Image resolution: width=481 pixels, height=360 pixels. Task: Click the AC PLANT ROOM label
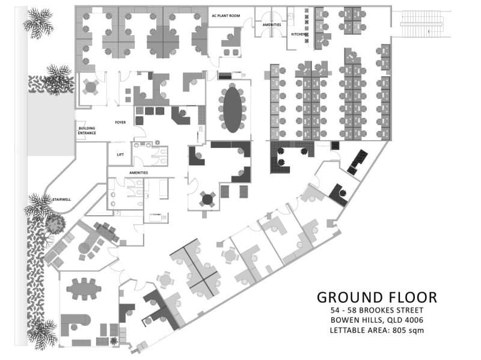point(226,16)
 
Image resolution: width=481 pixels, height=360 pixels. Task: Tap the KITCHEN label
point(298,34)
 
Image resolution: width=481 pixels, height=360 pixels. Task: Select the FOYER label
point(120,123)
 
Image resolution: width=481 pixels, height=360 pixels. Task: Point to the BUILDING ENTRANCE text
point(87,130)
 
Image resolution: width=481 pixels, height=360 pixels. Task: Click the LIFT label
point(120,154)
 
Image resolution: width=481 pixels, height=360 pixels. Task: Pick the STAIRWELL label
point(61,200)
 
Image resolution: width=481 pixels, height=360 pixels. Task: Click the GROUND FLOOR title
point(377,297)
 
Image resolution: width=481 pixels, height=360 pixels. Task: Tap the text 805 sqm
point(408,331)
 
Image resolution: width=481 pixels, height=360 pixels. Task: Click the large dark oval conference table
point(232,110)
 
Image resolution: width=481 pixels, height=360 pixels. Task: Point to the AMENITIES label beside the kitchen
point(272,25)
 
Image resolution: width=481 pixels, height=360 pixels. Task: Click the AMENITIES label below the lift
point(138,173)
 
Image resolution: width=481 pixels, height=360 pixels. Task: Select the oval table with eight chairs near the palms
point(84,289)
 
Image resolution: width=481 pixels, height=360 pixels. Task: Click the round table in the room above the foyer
point(91,87)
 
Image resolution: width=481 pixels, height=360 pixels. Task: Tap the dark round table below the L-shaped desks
point(207,200)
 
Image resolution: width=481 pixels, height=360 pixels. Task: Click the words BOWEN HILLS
point(357,320)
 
